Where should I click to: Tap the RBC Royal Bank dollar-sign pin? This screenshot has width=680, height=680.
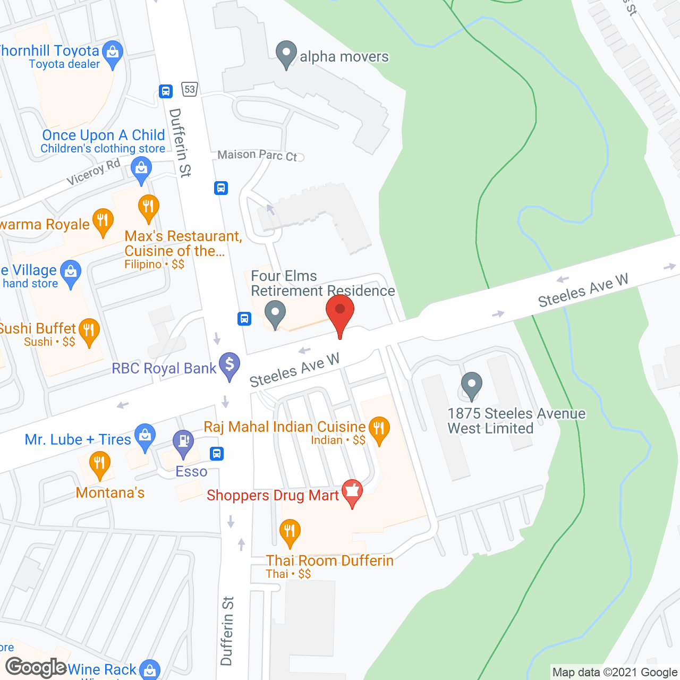click(229, 365)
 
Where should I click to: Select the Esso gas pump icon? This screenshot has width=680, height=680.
click(183, 443)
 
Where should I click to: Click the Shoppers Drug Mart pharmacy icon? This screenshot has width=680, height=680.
click(352, 492)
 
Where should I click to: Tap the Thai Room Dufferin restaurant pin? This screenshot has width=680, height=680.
click(290, 532)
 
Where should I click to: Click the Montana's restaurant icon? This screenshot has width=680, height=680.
click(99, 464)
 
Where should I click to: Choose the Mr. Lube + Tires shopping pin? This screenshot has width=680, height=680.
click(144, 437)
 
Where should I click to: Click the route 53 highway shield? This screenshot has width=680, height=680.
click(190, 89)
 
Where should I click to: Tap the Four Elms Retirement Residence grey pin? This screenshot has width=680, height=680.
click(275, 313)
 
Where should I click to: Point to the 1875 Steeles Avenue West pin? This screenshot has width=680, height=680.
click(471, 385)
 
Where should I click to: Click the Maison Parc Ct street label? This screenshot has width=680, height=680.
click(258, 155)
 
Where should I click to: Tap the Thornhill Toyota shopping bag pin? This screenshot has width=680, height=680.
click(112, 53)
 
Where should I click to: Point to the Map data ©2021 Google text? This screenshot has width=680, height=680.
click(615, 673)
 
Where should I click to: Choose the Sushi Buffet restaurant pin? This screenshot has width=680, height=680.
click(89, 331)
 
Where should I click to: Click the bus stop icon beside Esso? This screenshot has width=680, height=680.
click(217, 454)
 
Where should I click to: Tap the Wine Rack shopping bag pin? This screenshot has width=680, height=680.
click(150, 670)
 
